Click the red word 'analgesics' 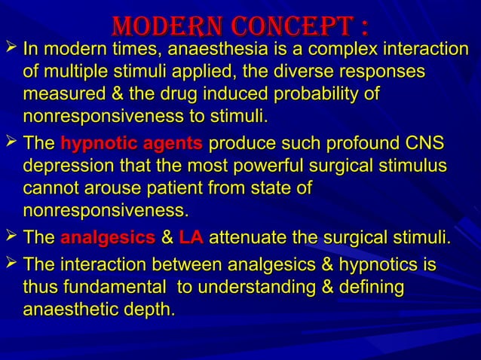pos(106,240)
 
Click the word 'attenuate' pos(246,240)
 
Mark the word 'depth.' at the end pos(148,310)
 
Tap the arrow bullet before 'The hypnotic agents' pos(10,144)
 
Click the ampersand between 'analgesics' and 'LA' pos(167,240)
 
